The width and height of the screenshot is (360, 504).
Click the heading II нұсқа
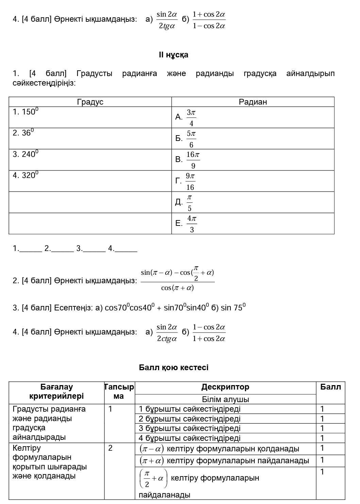point(173,55)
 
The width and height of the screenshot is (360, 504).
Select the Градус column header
point(90,102)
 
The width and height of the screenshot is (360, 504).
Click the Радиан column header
point(253,102)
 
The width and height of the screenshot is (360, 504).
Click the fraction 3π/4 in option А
point(191,118)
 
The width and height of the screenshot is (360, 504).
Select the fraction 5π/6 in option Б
point(191,139)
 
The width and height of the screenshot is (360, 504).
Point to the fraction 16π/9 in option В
point(193,160)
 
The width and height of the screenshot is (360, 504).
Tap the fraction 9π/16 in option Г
point(190,181)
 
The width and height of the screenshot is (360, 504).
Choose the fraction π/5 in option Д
point(189,202)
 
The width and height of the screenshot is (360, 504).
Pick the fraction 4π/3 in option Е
point(192,224)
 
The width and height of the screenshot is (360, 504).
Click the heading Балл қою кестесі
point(174,367)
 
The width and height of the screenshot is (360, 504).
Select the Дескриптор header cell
point(225,387)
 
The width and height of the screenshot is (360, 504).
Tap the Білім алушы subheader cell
point(225,399)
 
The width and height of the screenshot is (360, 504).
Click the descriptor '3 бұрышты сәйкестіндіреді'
point(189,428)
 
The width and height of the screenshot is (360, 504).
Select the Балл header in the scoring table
point(330,387)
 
